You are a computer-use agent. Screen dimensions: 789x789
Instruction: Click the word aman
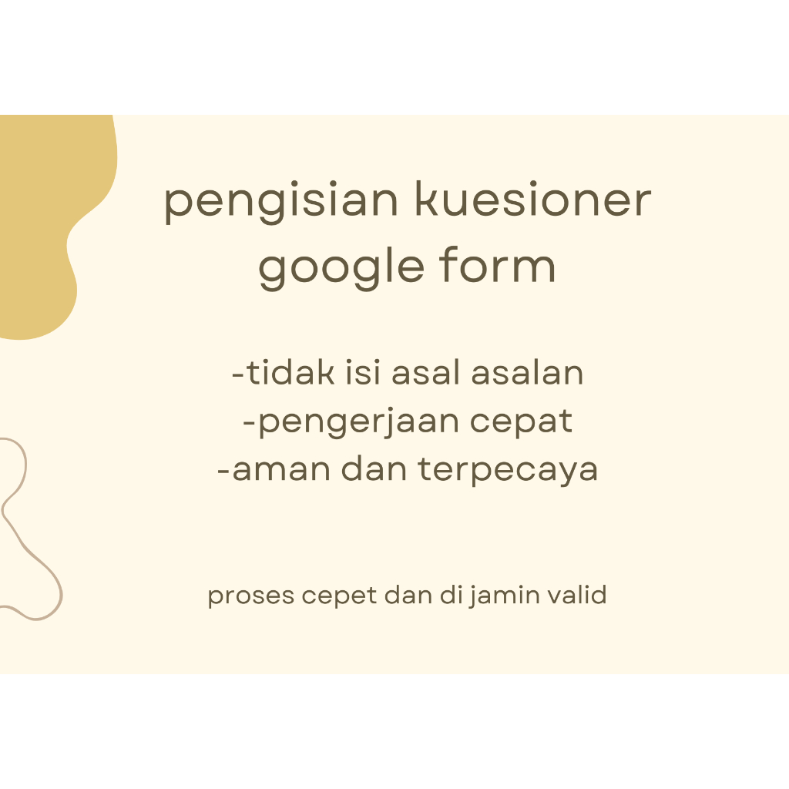pyautogui.click(x=270, y=469)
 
